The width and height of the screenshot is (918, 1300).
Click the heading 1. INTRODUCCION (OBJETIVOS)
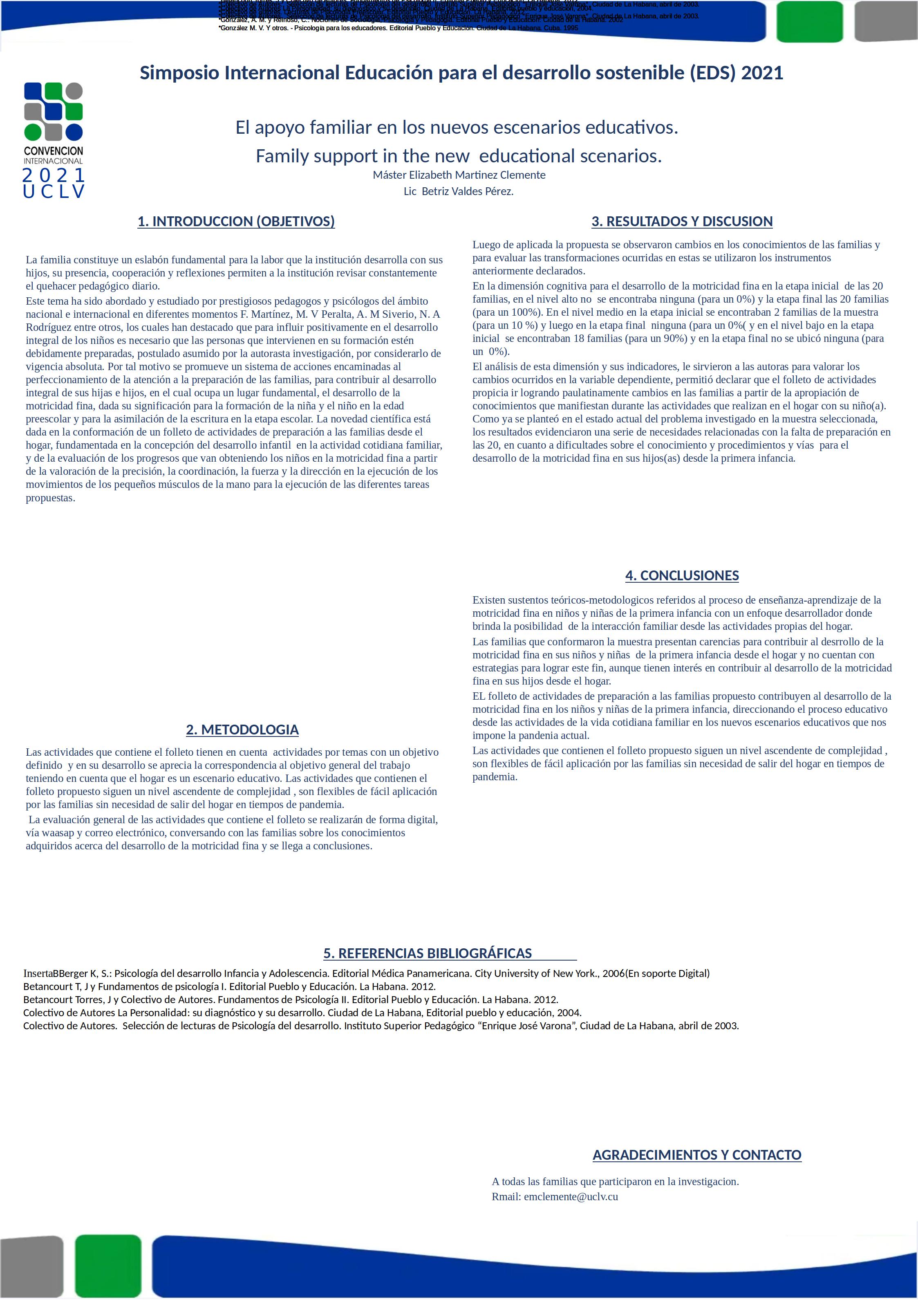click(236, 221)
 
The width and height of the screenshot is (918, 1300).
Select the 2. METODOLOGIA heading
click(242, 730)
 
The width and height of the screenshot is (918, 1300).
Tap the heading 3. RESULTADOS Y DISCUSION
click(682, 221)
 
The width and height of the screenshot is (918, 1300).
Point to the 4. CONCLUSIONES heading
click(682, 576)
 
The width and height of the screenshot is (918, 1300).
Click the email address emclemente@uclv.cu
click(571, 1197)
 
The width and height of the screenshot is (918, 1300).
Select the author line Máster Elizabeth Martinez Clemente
click(459, 175)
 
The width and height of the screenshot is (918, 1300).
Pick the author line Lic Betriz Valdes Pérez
click(459, 191)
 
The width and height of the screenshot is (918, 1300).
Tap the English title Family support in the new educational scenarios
click(459, 156)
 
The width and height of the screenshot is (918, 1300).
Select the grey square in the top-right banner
click(886, 22)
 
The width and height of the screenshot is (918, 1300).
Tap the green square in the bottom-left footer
click(108, 1266)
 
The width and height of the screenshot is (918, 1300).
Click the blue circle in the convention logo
click(74, 132)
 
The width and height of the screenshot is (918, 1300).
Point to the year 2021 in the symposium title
click(762, 73)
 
